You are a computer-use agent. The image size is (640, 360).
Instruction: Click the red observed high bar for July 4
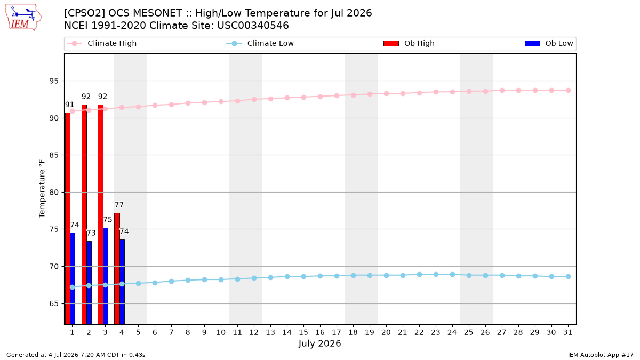[117, 269]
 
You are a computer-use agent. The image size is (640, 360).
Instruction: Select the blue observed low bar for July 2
[89, 283]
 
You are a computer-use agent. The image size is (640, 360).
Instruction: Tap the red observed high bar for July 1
[67, 219]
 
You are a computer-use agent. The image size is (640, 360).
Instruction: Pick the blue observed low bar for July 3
[106, 276]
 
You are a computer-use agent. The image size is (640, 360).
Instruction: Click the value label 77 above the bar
[119, 205]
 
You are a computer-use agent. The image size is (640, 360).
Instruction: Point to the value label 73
[91, 233]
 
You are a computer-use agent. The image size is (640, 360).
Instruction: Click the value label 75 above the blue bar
[107, 220]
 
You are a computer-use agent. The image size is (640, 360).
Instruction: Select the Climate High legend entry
[102, 43]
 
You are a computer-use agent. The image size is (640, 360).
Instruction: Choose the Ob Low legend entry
[549, 43]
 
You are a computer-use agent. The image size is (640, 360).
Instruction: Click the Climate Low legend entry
[260, 43]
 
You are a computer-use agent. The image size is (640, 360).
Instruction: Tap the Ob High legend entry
[409, 43]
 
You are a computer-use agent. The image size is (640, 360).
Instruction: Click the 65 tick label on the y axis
[54, 303]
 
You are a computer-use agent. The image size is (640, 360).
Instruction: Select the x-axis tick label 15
[303, 332]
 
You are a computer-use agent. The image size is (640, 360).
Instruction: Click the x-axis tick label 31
[567, 332]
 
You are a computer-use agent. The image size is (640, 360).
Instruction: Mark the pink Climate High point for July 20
[386, 93]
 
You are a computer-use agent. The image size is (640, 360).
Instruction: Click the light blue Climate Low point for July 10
[221, 279]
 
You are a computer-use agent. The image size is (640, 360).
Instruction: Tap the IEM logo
[23, 18]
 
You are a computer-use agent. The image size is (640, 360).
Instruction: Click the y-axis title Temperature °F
[42, 189]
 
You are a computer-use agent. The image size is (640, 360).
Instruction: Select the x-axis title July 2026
[319, 343]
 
